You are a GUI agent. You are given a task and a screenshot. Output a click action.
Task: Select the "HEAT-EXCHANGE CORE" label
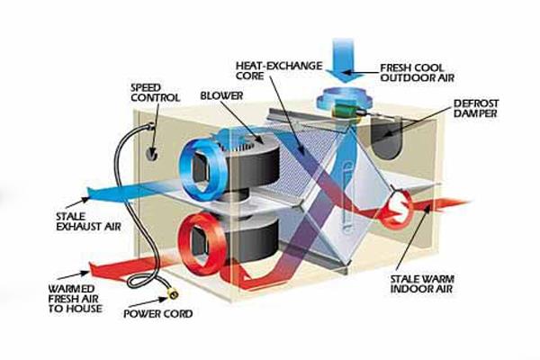[265, 72]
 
